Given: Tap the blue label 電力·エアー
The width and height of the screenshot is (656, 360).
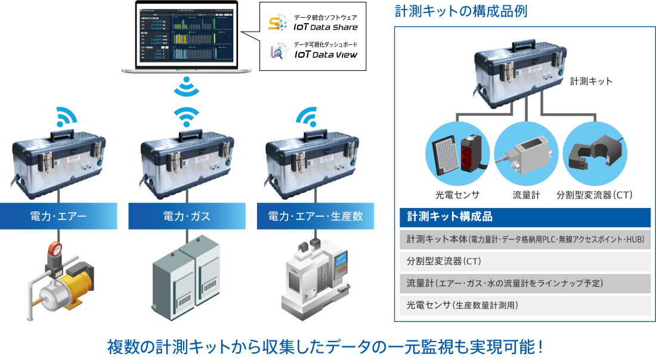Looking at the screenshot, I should pyautogui.click(x=58, y=216).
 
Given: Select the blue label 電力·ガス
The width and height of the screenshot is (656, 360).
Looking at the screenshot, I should pyautogui.click(x=187, y=216).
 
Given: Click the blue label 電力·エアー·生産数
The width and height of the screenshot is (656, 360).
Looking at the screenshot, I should pyautogui.click(x=315, y=216).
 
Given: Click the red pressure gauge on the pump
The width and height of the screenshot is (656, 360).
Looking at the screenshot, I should pyautogui.click(x=55, y=247).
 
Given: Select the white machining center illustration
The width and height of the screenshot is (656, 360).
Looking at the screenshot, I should pyautogui.click(x=315, y=280).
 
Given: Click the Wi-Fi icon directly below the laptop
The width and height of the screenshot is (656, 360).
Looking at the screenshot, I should pyautogui.click(x=187, y=86).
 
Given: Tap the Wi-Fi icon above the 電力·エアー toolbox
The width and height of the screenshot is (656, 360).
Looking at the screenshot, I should pyautogui.click(x=67, y=117).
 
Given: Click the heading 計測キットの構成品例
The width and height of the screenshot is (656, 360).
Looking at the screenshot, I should pyautogui.click(x=461, y=11).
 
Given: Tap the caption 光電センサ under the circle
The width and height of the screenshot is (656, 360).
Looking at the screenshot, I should pyautogui.click(x=457, y=194).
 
